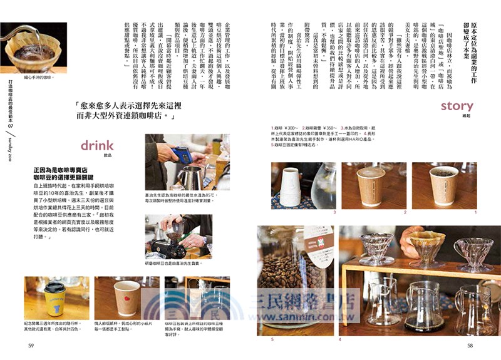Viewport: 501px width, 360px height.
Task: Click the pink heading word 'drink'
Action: coord(96,145)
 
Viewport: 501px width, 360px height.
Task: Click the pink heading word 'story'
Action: coord(457,106)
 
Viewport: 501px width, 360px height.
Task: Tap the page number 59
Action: coord(31,345)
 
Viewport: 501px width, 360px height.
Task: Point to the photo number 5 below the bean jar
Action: coord(272,339)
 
